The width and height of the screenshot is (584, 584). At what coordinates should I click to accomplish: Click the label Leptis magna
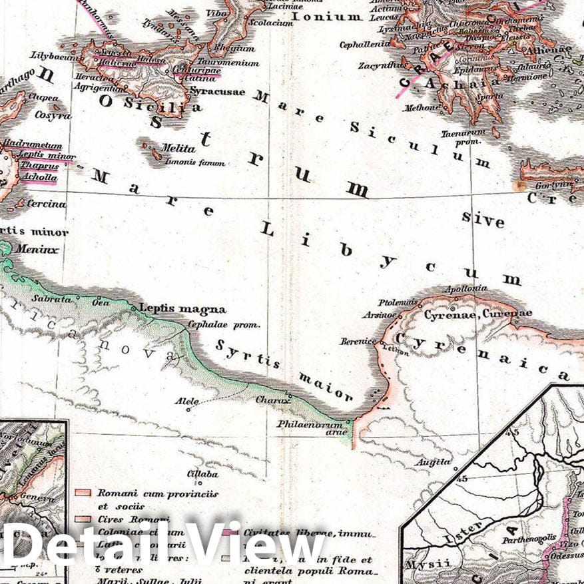point(182,309)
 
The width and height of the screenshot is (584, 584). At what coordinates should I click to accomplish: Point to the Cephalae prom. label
point(223,326)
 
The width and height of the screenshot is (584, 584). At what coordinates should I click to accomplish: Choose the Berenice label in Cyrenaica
point(359,341)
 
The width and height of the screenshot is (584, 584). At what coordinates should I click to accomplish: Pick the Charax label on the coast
point(273,400)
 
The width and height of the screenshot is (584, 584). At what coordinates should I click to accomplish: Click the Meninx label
point(39,250)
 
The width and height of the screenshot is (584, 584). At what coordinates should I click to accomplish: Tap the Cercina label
point(46,204)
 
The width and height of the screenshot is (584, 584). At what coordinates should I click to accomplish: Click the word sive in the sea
point(483,219)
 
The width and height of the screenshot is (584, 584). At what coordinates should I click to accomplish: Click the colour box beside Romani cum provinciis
point(83,493)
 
